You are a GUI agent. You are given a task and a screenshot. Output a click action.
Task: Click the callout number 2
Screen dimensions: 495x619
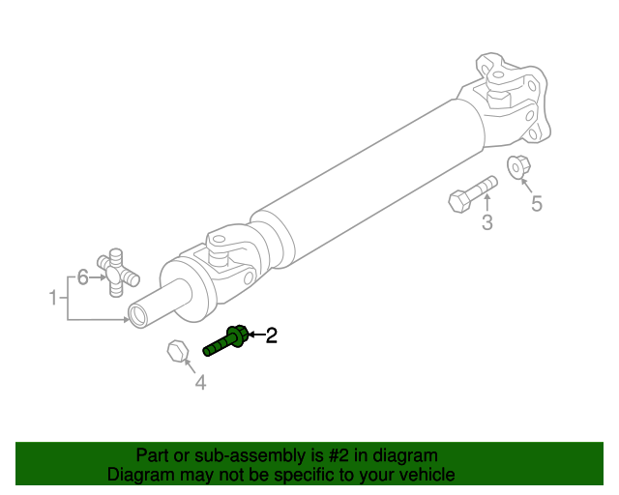click(x=272, y=335)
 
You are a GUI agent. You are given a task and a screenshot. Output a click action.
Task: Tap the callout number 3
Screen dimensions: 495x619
click(x=487, y=223)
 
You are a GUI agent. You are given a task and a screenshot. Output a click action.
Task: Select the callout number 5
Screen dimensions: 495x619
click(x=535, y=203)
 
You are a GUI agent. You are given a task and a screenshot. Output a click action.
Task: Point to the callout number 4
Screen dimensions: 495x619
click(x=200, y=383)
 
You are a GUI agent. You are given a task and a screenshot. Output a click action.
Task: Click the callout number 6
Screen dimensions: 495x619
click(x=83, y=277)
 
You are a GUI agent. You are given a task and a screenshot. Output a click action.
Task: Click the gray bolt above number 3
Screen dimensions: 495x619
click(x=472, y=192)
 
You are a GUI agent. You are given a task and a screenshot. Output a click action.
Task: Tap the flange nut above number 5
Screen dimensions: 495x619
click(x=518, y=166)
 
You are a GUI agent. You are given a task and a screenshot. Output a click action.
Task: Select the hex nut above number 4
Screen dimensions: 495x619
click(x=177, y=350)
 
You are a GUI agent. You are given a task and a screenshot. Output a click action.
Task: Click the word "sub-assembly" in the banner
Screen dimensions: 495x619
click(x=224, y=455)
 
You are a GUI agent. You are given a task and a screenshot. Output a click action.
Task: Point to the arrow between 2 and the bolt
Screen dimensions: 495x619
click(x=256, y=335)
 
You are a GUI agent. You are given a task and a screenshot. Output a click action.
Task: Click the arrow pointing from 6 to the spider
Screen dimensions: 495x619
click(x=98, y=277)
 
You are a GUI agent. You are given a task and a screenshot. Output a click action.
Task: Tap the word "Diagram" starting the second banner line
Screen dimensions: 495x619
click(x=140, y=475)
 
